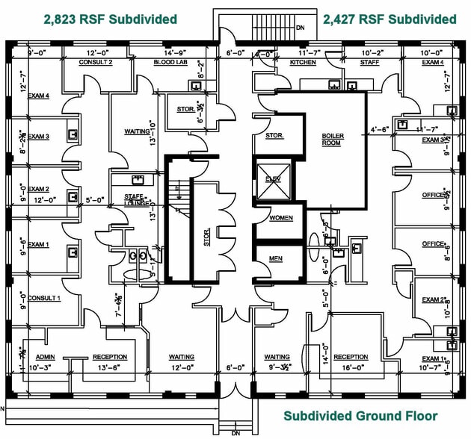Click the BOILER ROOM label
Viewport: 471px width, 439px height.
coord(333,139)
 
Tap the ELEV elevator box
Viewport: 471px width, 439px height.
coord(270,179)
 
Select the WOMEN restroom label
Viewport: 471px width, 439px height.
coord(280,218)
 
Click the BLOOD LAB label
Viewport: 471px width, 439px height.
coord(169,63)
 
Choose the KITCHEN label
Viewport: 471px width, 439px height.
coord(303,63)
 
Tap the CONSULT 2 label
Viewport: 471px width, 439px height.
coord(96,63)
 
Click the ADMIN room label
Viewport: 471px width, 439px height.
coord(46,357)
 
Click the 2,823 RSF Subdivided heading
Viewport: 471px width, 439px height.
coord(110,19)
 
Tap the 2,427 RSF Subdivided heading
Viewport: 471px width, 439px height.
coord(390,19)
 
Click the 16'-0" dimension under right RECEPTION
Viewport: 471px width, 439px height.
coord(351,367)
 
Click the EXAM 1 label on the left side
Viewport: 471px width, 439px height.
coord(38,245)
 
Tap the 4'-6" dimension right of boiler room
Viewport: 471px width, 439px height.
coord(380,129)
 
